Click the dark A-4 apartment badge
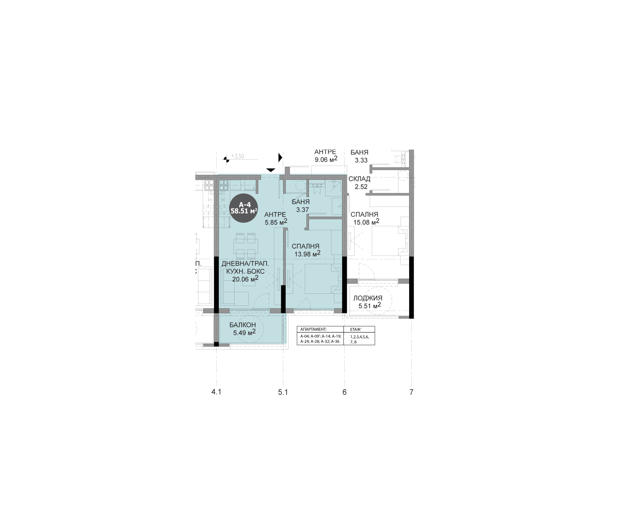(x=244, y=208)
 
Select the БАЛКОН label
(x=243, y=325)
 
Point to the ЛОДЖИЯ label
(x=368, y=298)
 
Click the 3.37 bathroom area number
(x=302, y=210)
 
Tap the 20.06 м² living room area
(x=245, y=279)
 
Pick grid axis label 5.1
(x=283, y=392)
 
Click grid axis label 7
(x=411, y=392)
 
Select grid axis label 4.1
(x=216, y=392)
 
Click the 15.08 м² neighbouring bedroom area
(x=366, y=222)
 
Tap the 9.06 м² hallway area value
(x=326, y=159)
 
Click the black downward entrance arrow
(x=271, y=170)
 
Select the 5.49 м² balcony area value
(x=244, y=332)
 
